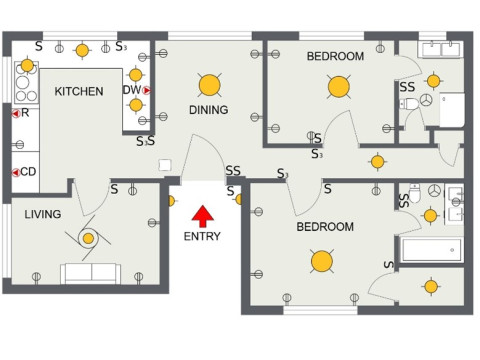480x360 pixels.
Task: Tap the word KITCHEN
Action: point(79,92)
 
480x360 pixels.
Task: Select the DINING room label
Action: point(208,110)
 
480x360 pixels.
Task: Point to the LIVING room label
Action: point(43,214)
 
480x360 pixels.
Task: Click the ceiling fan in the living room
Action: point(88,237)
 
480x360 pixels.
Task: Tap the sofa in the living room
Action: point(89,272)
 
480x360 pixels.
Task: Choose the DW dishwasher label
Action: point(131,90)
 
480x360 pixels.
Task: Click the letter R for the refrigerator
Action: point(25,113)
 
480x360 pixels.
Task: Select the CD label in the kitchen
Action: point(29,172)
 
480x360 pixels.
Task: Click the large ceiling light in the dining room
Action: point(208,84)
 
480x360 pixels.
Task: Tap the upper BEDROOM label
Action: point(335,57)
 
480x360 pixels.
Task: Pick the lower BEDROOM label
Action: point(325,227)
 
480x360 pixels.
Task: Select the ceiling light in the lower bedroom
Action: point(321,261)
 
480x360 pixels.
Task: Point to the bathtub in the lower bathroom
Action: point(432,249)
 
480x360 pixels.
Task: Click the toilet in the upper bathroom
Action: point(427,101)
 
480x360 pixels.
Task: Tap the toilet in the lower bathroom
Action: point(433,190)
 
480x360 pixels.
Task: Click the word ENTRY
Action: point(202,237)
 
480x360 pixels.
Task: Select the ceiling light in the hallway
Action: point(377,161)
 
